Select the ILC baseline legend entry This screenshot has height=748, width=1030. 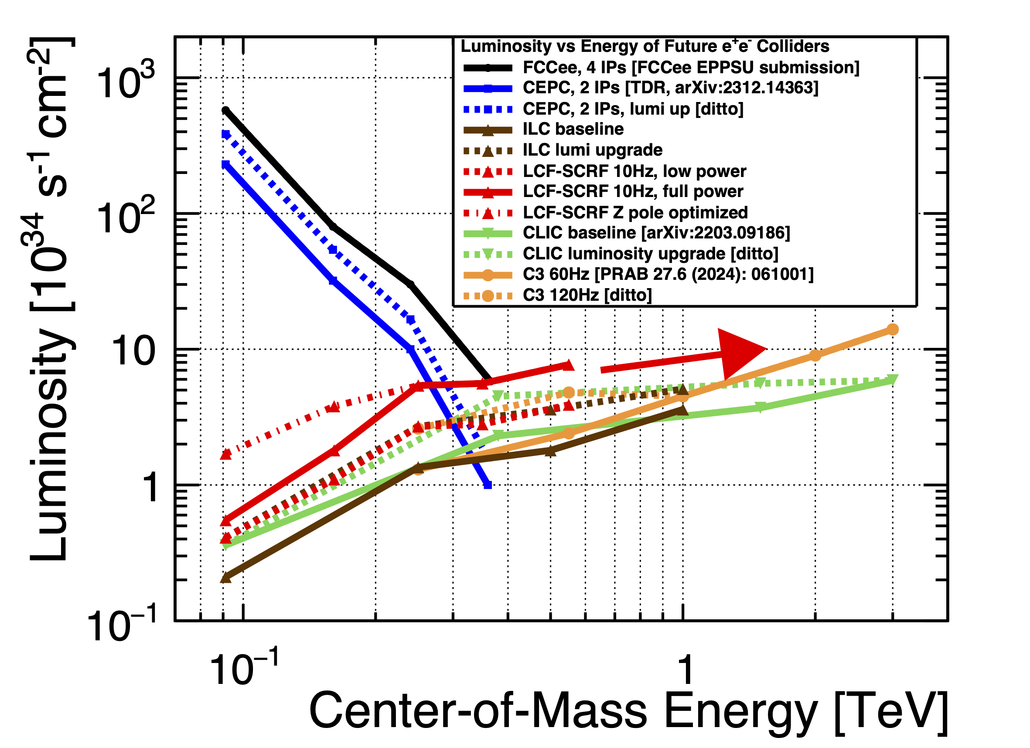click(x=573, y=129)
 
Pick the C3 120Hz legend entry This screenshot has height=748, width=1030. click(x=587, y=296)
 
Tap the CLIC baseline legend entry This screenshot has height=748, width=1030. click(x=656, y=233)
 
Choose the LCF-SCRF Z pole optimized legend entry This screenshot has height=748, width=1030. click(x=635, y=213)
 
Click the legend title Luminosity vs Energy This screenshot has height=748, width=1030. click(x=645, y=46)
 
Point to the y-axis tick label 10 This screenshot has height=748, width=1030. click(x=133, y=352)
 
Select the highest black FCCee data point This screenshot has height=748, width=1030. click(x=225, y=110)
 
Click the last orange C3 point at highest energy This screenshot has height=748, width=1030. click(x=892, y=330)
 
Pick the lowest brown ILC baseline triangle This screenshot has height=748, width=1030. click(x=225, y=578)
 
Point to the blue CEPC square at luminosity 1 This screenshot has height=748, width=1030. click(x=488, y=485)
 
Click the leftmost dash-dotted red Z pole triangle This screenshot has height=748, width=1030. click(x=225, y=454)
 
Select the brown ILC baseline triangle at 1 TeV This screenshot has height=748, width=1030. click(x=682, y=410)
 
